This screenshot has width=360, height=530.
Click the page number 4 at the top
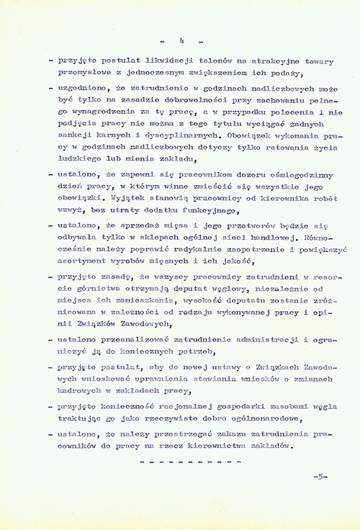pyautogui.click(x=182, y=40)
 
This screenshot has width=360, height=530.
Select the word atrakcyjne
pyautogui.click(x=262, y=61)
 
